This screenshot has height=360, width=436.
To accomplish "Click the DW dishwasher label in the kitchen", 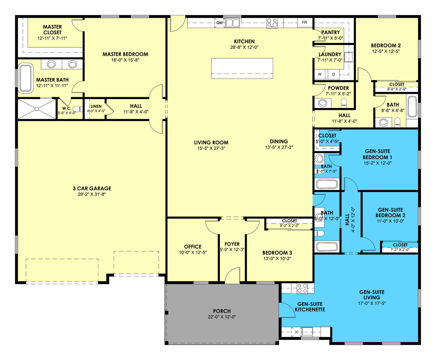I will (219, 23).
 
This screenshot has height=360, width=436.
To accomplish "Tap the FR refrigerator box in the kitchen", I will (304, 22).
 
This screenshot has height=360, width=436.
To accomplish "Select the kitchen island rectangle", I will (242, 68).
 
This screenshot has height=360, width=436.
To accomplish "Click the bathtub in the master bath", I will (26, 78).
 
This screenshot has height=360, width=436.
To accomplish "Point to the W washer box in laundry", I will (320, 74).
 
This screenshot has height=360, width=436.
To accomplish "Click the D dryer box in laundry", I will (333, 74).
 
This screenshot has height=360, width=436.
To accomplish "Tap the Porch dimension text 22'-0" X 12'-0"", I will (222, 317).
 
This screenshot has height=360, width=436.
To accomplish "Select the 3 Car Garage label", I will (92, 188).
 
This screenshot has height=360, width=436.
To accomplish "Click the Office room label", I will (193, 247).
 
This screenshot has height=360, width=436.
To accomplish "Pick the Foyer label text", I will (232, 244).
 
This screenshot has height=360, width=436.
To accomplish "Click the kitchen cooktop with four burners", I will (272, 23).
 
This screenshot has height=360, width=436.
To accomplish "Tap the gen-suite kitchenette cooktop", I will (302, 288).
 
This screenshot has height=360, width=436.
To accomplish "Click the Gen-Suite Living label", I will (372, 295).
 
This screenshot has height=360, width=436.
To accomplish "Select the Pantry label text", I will (330, 32).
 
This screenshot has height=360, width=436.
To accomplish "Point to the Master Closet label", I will (52, 30).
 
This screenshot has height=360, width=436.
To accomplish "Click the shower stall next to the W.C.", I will (37, 109).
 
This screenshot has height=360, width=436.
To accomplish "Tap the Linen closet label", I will (96, 106).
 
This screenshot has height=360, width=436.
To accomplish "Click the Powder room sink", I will (323, 103).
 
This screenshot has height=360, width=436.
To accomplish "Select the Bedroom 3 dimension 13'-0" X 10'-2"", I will (277, 259).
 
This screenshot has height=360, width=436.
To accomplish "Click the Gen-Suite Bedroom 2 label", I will (390, 212).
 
